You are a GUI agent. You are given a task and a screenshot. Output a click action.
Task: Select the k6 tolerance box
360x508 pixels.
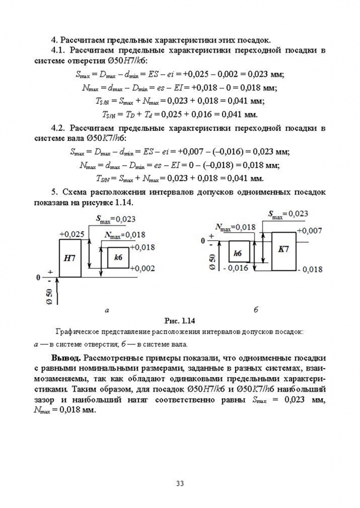(x=118, y=258)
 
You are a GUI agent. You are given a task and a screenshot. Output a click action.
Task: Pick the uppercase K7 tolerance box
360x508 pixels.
(x=284, y=250)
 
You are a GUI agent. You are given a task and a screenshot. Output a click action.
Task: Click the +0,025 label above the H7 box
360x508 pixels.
(x=72, y=234)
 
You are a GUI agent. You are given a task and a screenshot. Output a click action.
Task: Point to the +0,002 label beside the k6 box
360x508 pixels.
(x=142, y=268)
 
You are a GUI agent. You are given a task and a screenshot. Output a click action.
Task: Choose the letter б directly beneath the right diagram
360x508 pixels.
(x=256, y=310)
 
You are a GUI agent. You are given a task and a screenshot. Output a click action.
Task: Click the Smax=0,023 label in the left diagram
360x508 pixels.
(x=116, y=219)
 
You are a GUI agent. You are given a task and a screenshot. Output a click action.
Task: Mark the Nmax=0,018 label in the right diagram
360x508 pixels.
(x=235, y=228)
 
